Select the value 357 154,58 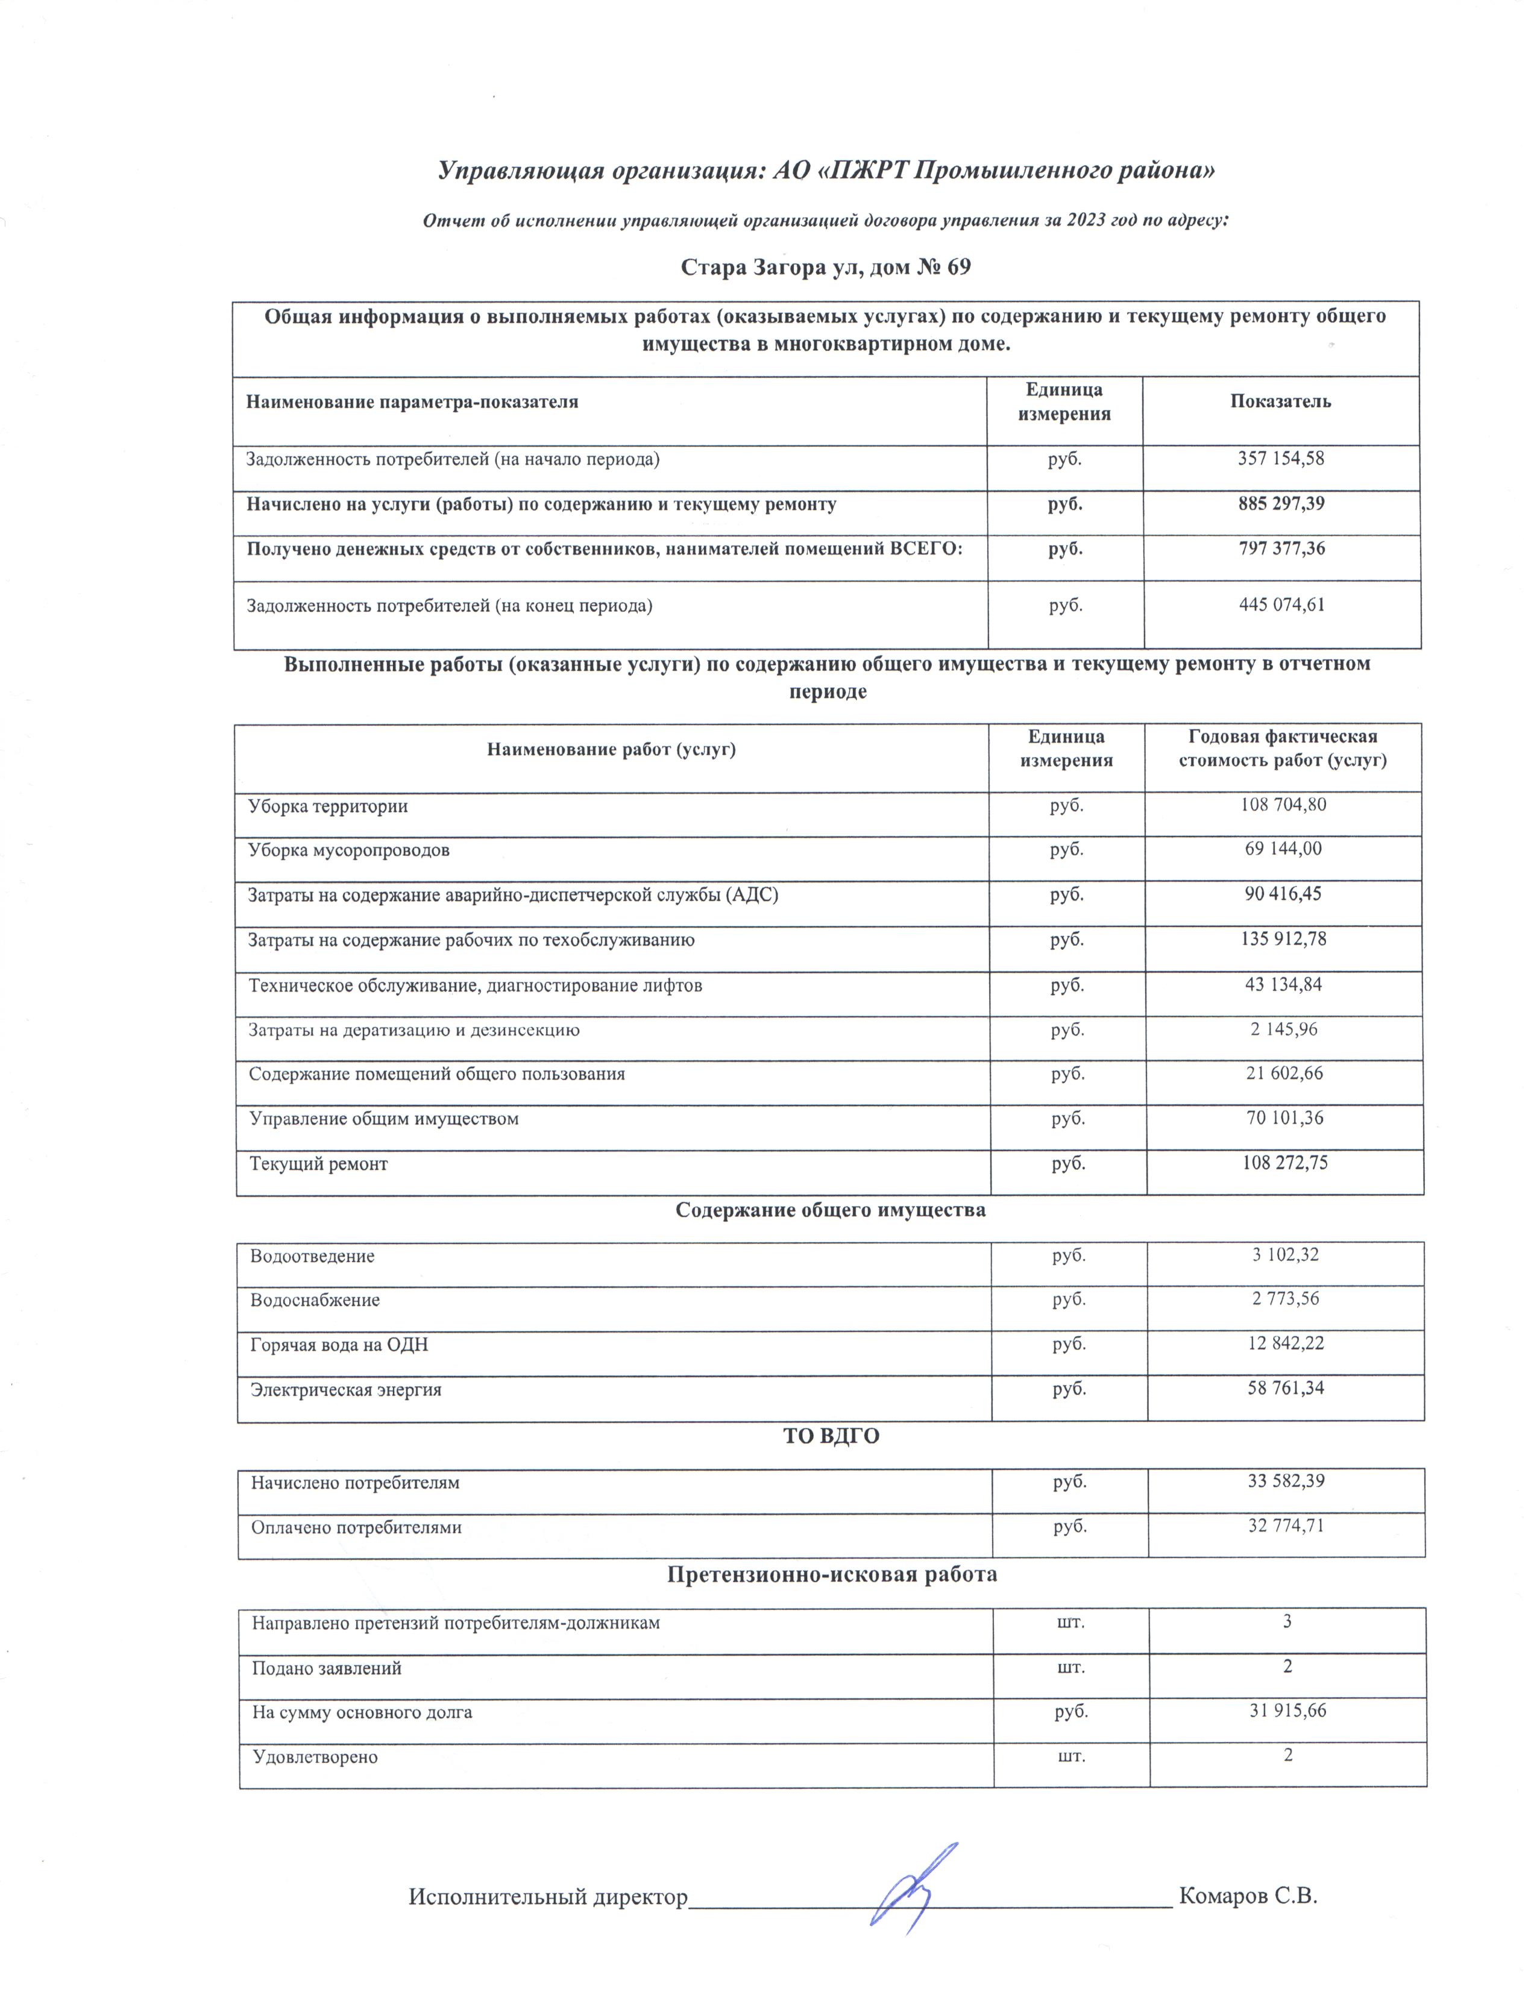click(x=1280, y=459)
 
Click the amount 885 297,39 click(x=1280, y=504)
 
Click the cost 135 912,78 click(x=1284, y=939)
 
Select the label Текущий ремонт click(x=319, y=1164)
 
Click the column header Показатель click(x=1280, y=401)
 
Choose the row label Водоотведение click(x=312, y=1256)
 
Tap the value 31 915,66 click(x=1287, y=1711)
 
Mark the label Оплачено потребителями click(x=357, y=1527)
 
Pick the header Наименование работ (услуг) click(x=611, y=750)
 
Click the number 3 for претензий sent click(x=1287, y=1621)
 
